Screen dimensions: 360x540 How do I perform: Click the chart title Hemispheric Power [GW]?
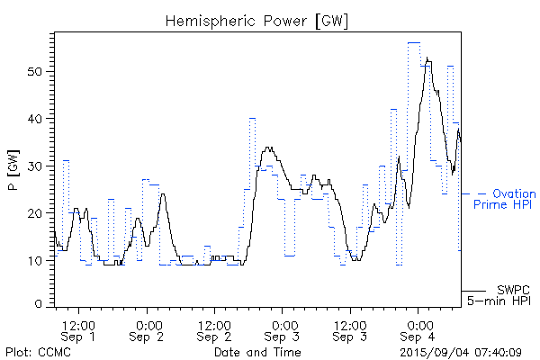click(x=256, y=19)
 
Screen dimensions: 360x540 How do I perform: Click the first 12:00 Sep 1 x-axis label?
click(x=79, y=328)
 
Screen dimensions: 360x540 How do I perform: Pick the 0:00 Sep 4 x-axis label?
click(x=418, y=328)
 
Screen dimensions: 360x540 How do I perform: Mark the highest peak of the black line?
click(x=427, y=58)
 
